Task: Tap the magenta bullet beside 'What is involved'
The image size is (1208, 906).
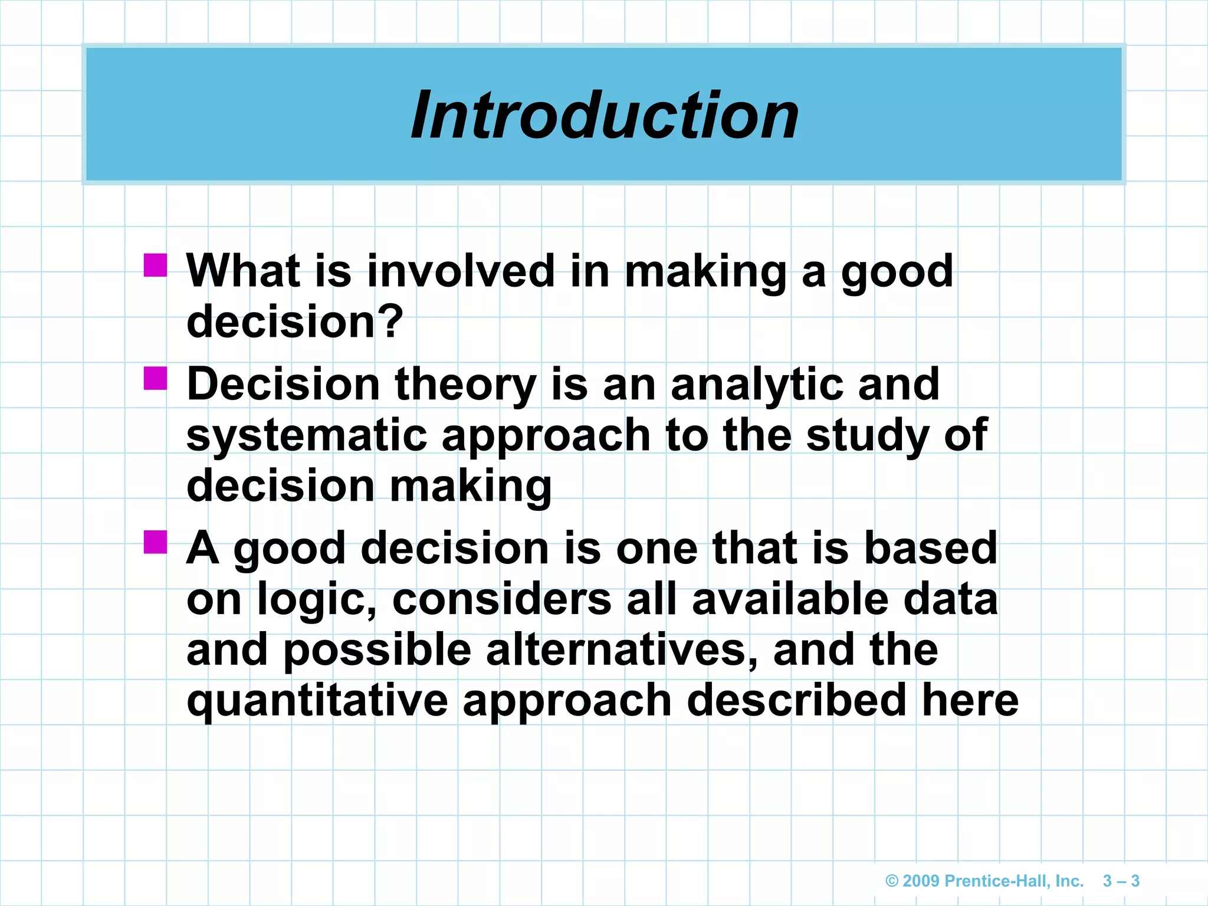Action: point(156,265)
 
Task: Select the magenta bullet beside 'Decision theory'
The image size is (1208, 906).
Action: point(156,379)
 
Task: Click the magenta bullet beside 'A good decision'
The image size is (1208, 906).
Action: point(156,541)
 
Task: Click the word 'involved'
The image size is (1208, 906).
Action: point(461,271)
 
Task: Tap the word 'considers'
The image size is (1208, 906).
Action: point(501,599)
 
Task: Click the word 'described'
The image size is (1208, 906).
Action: point(796,701)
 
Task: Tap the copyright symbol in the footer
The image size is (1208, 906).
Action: point(892,881)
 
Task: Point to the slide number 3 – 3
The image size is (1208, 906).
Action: point(1121,881)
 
